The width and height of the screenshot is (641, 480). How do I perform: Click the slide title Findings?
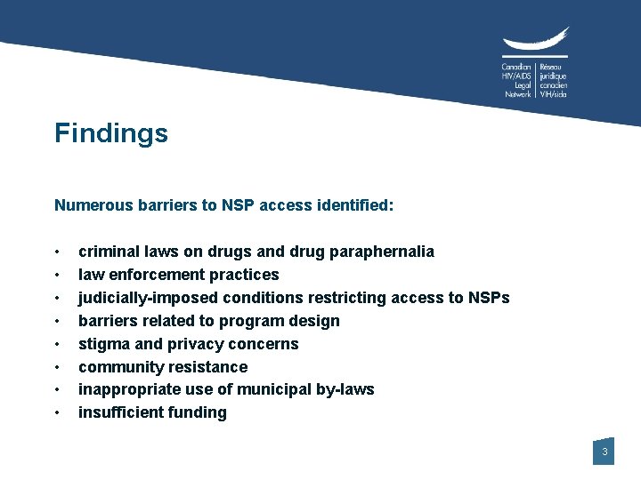(x=110, y=133)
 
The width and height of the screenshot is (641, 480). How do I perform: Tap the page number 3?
(x=604, y=452)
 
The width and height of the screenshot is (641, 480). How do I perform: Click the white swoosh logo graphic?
(x=534, y=43)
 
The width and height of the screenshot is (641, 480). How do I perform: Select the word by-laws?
(x=344, y=389)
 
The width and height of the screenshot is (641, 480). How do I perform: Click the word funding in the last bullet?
(x=197, y=412)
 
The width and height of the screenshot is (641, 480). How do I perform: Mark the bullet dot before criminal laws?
(x=57, y=252)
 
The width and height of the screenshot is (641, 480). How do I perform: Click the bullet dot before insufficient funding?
(x=57, y=413)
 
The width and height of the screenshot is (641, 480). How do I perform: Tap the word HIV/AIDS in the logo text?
(x=516, y=76)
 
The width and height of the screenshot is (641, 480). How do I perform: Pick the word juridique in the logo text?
(x=553, y=76)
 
